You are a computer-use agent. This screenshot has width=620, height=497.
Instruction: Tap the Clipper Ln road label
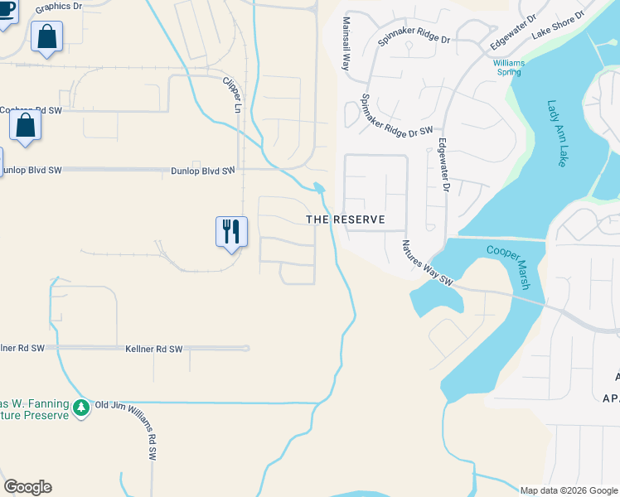[x=230, y=95]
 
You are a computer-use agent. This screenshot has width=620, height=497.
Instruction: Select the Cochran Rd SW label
[x=20, y=109]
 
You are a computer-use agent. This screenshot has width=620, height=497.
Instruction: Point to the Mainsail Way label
[x=347, y=44]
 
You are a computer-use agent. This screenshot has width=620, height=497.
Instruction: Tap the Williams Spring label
[x=508, y=67]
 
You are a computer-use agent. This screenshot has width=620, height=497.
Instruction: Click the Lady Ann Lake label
[x=555, y=133]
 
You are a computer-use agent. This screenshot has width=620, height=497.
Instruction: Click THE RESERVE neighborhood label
[x=346, y=220]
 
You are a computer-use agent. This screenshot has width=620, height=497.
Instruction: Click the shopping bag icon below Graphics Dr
[x=46, y=37]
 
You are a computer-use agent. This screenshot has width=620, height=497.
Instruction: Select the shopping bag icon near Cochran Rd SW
[x=26, y=127]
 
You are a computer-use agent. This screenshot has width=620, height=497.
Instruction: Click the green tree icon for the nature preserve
[x=80, y=408]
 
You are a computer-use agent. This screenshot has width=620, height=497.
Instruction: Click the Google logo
[x=27, y=487]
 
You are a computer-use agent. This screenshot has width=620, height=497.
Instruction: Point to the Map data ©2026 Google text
[x=569, y=490]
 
